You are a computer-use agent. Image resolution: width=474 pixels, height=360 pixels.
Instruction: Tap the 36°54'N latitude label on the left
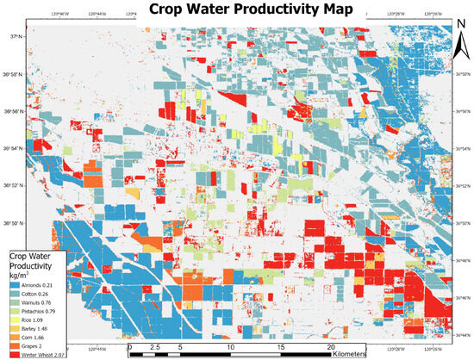pos(16,149)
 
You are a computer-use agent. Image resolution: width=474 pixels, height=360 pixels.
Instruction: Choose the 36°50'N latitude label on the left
pos(16,224)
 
